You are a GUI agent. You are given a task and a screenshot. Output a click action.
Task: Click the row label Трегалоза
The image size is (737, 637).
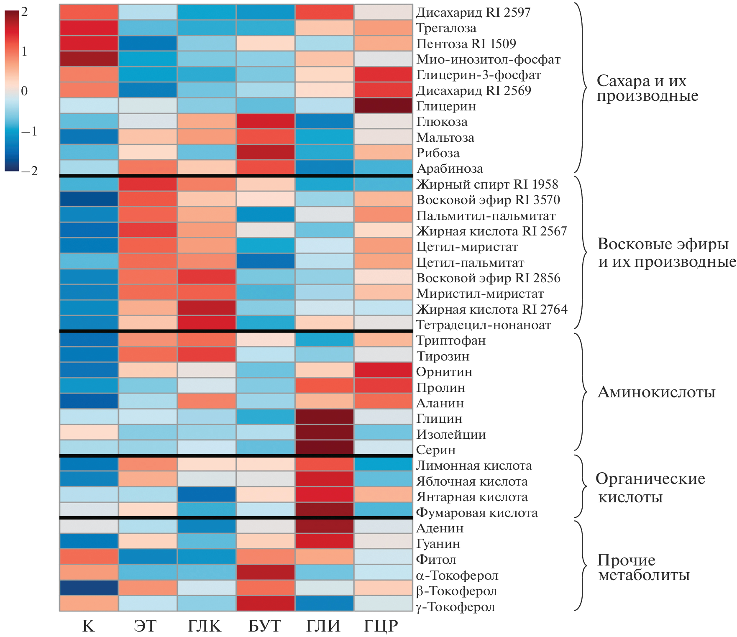click(x=446, y=28)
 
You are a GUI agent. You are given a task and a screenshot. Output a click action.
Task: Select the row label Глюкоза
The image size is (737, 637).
click(x=442, y=122)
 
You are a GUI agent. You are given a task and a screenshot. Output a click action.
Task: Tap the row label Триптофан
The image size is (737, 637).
click(x=451, y=340)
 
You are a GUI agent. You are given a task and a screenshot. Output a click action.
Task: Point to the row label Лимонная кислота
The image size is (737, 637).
click(x=474, y=466)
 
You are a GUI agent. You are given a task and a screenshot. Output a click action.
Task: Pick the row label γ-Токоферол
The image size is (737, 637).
click(x=456, y=606)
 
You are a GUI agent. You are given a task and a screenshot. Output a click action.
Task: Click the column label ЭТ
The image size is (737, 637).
click(x=145, y=626)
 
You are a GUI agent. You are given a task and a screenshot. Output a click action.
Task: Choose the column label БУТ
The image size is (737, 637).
click(x=264, y=626)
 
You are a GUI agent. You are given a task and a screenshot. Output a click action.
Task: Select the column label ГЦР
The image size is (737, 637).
click(x=381, y=626)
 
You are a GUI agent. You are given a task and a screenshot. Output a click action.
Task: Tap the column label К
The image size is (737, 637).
click(x=89, y=626)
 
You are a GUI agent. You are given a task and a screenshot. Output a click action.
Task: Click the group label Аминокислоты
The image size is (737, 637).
click(x=656, y=392)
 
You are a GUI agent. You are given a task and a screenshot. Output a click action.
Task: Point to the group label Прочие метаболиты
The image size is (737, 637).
click(x=643, y=567)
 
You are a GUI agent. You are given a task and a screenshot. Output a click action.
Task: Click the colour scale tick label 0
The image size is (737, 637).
click(x=24, y=91)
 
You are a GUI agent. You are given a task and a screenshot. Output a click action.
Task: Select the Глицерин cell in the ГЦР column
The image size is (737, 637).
click(x=383, y=106)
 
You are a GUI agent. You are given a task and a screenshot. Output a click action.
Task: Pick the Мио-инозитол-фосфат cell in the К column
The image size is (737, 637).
click(x=89, y=59)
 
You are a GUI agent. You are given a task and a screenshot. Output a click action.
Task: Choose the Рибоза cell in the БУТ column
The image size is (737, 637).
click(x=266, y=153)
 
